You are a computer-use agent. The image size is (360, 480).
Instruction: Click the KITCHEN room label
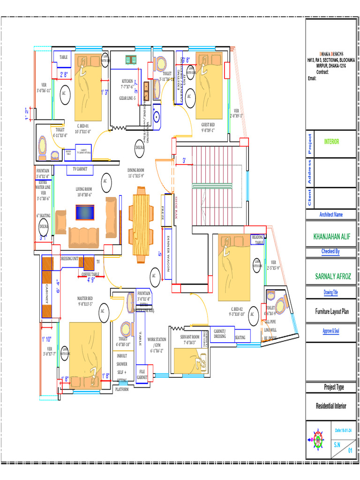point(127,81)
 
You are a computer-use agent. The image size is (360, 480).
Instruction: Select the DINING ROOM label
point(136,171)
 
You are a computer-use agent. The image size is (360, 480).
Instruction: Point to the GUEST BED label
point(208,125)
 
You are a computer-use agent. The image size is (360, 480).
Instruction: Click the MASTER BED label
point(85,298)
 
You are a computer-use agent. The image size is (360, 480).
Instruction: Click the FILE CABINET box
point(142,374)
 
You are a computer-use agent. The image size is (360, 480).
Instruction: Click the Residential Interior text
point(331,405)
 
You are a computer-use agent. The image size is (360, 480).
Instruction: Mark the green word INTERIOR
point(332,142)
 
